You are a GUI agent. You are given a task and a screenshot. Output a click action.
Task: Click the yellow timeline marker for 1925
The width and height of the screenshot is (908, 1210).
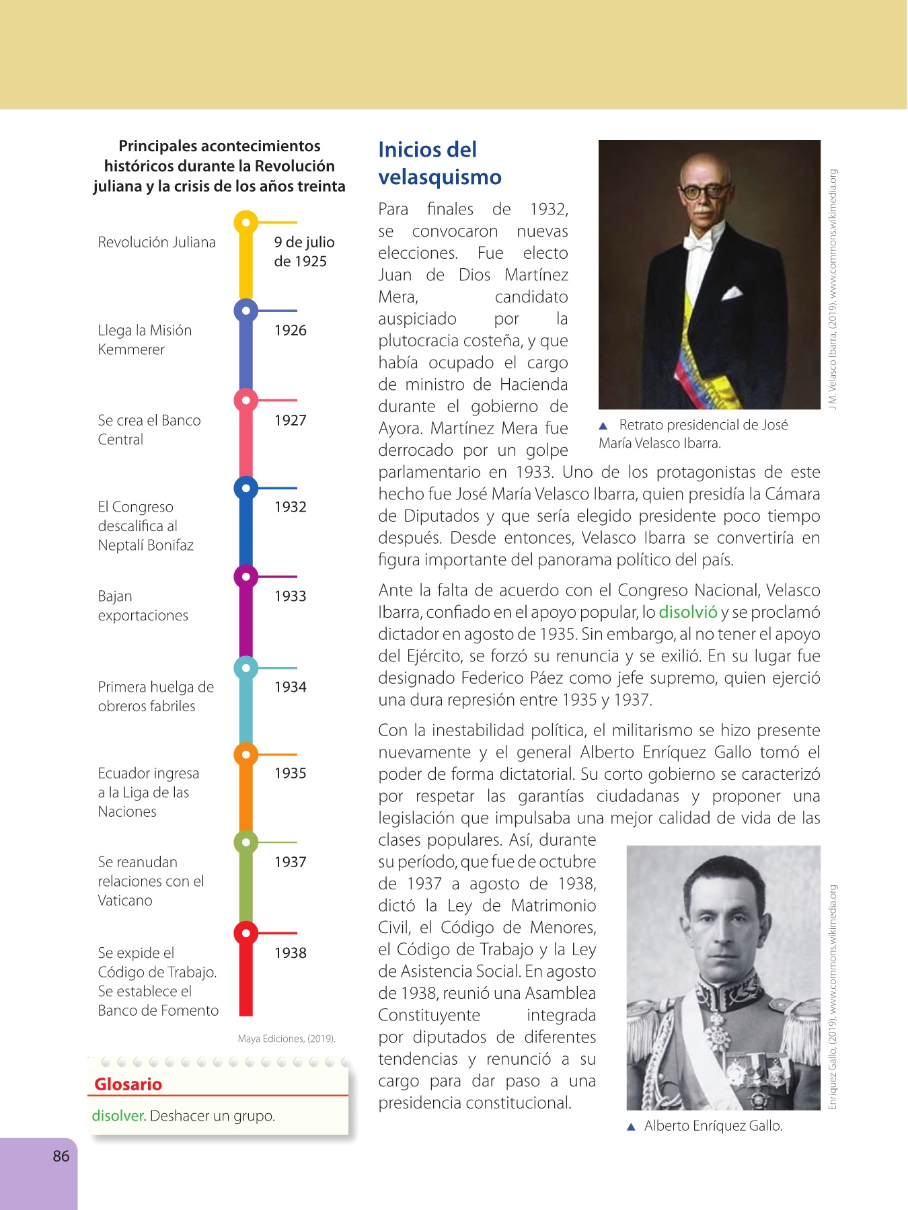tap(246, 222)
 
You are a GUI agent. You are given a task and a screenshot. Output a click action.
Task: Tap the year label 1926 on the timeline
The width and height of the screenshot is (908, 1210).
tap(290, 330)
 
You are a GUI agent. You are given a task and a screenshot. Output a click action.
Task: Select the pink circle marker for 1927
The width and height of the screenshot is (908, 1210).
tap(246, 401)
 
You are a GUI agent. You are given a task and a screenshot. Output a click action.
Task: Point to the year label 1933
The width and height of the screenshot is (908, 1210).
tap(290, 596)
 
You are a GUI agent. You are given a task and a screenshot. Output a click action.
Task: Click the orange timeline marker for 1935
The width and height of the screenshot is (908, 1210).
tap(246, 755)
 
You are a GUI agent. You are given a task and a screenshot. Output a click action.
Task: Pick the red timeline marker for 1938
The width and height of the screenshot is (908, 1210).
tap(246, 933)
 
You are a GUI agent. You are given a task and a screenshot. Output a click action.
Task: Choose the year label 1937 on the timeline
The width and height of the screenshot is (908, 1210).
tap(290, 862)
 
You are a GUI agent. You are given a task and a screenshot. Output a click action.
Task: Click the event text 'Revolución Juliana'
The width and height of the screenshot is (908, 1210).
tap(157, 242)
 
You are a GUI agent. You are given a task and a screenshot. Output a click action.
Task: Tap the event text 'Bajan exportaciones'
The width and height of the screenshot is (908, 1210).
tap(143, 606)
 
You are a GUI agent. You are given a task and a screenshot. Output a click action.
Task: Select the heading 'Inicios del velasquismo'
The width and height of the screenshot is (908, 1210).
tap(439, 163)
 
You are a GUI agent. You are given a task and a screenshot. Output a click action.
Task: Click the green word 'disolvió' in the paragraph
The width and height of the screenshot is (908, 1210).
tap(687, 612)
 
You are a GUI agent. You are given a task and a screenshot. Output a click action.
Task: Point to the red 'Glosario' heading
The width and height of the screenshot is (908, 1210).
tap(128, 1084)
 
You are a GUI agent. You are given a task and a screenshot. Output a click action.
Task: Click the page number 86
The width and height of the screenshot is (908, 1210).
tap(61, 1156)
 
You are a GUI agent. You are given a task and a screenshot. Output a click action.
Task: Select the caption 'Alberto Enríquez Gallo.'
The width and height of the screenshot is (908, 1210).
tap(713, 1126)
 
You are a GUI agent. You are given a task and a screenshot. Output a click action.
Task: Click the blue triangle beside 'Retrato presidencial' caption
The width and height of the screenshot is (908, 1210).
tap(603, 426)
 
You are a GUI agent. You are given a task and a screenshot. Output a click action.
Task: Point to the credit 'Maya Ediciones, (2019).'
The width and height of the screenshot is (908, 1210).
tap(287, 1039)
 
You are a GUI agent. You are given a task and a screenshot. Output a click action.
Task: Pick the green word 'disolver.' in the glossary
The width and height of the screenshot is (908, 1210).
tap(119, 1116)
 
